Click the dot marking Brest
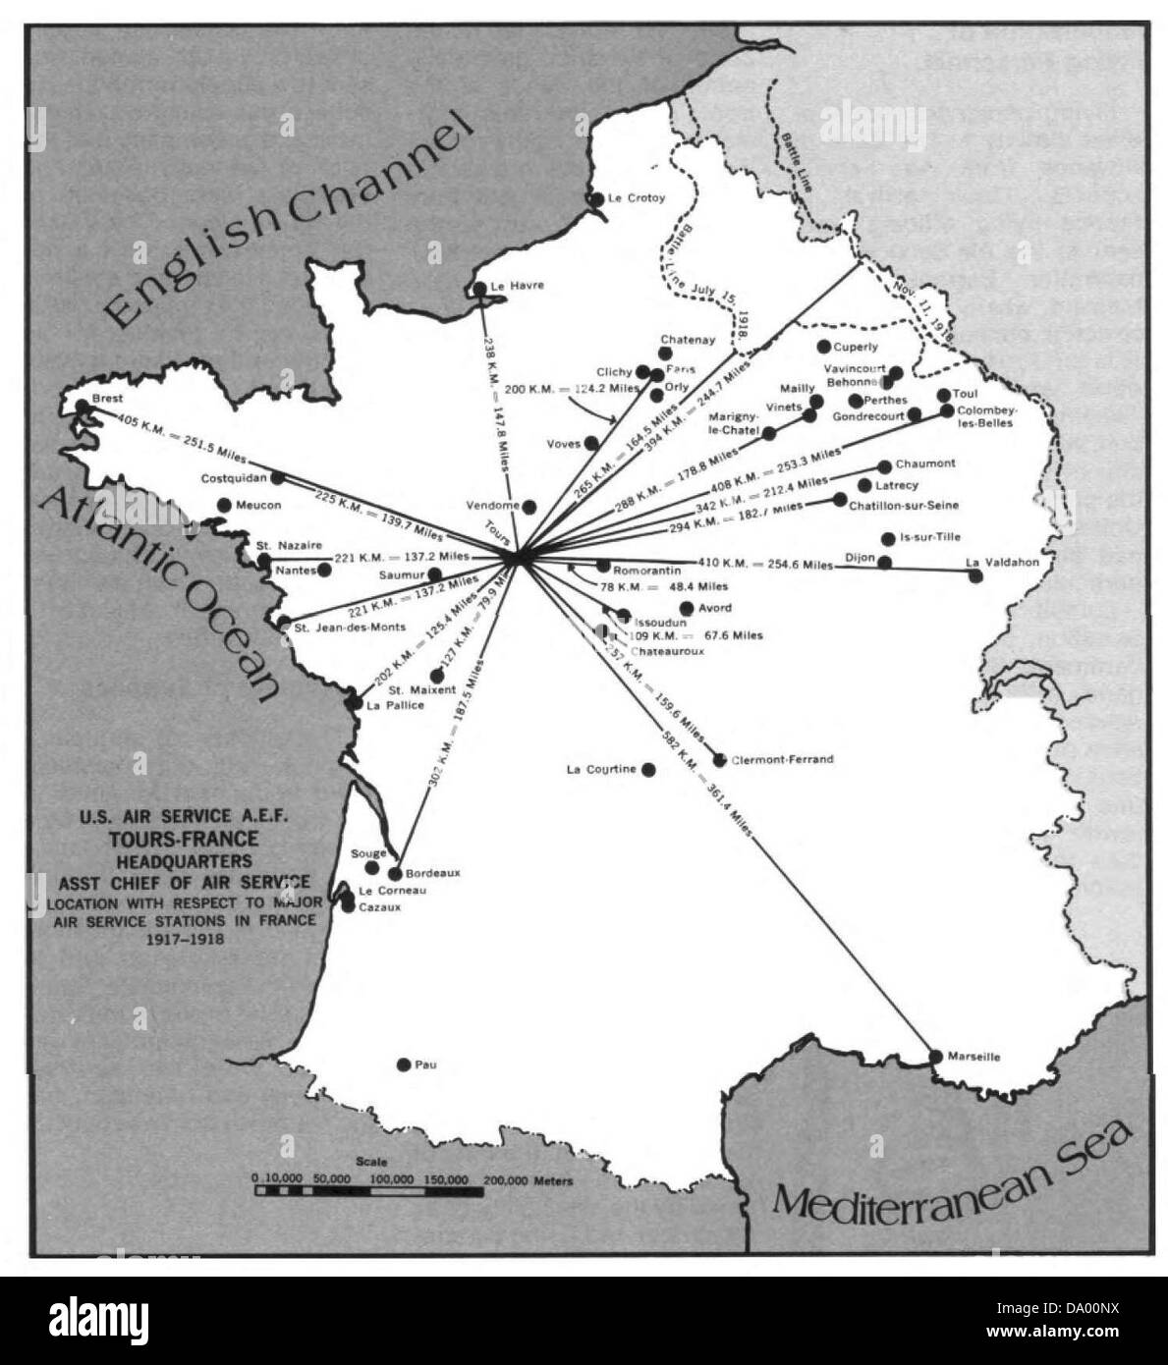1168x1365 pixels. pyautogui.click(x=82, y=406)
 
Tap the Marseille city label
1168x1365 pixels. pyautogui.click(x=974, y=1057)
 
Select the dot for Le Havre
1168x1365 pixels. pyautogui.click(x=479, y=289)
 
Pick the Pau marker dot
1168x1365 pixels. pyautogui.click(x=403, y=1065)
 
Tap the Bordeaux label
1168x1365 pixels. pyautogui.click(x=432, y=873)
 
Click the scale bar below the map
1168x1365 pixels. pyautogui.click(x=368, y=1191)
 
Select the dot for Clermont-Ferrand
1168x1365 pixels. pyautogui.click(x=720, y=759)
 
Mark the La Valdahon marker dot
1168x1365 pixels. pyautogui.click(x=975, y=575)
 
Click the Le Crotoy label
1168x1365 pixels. pyautogui.click(x=637, y=197)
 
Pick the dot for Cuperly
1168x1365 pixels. pyautogui.click(x=824, y=347)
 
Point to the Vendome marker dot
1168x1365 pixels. pyautogui.click(x=529, y=507)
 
